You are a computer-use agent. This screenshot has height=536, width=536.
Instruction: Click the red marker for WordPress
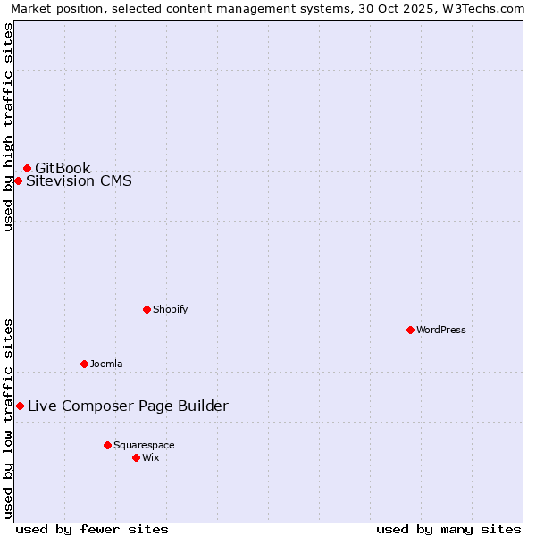pyautogui.click(x=410, y=330)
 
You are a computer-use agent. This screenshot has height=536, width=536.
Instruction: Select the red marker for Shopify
pyautogui.click(x=147, y=309)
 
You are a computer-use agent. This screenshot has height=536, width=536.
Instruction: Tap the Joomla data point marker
pyautogui.click(x=84, y=364)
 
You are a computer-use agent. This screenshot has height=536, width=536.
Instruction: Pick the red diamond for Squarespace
pyautogui.click(x=107, y=445)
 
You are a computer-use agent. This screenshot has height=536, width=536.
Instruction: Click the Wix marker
pyautogui.click(x=136, y=457)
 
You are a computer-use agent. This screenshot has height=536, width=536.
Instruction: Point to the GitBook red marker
pyautogui.click(x=27, y=168)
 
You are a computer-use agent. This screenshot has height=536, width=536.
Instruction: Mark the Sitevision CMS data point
pyautogui.click(x=18, y=180)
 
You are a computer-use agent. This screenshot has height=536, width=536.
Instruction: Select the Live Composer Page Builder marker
pyautogui.click(x=20, y=406)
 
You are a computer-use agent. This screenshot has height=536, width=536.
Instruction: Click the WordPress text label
pyautogui.click(x=441, y=330)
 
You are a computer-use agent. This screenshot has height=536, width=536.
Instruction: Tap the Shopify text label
pyautogui.click(x=171, y=309)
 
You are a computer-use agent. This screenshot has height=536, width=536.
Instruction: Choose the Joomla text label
pyautogui.click(x=106, y=364)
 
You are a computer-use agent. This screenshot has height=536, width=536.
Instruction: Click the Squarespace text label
pyautogui.click(x=144, y=445)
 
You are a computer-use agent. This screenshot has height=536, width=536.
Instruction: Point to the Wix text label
pyautogui.click(x=151, y=457)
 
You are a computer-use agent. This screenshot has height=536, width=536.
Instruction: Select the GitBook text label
pyautogui.click(x=63, y=168)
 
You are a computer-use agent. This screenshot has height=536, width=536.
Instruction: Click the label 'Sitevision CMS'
pyautogui.click(x=79, y=180)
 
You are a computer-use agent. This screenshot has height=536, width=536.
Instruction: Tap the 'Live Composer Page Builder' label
pyautogui.click(x=128, y=406)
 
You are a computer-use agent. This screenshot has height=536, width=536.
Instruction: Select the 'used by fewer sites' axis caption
pyautogui.click(x=92, y=529)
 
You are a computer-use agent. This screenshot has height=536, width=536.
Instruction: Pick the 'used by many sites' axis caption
pyautogui.click(x=448, y=529)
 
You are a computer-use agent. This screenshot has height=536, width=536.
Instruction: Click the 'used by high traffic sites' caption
pyautogui.click(x=8, y=127)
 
